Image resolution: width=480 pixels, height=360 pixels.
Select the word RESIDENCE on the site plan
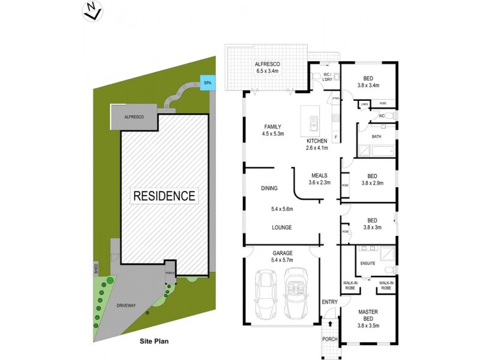pyautogui.click(x=164, y=196)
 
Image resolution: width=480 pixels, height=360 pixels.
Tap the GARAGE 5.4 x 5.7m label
pyautogui.click(x=281, y=257)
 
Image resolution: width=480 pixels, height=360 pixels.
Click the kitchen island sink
pyautogui.click(x=313, y=122)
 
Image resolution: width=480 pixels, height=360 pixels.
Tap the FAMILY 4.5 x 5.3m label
pyautogui.click(x=272, y=130)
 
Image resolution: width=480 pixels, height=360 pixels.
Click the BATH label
pyautogui.click(x=376, y=136)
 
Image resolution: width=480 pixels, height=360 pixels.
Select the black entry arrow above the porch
pyautogui.click(x=329, y=323)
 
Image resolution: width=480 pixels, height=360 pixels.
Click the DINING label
pyautogui.click(x=269, y=188)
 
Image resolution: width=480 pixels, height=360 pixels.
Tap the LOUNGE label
pyautogui.click(x=281, y=227)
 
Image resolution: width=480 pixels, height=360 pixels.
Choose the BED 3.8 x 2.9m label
pyautogui.click(x=372, y=179)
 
